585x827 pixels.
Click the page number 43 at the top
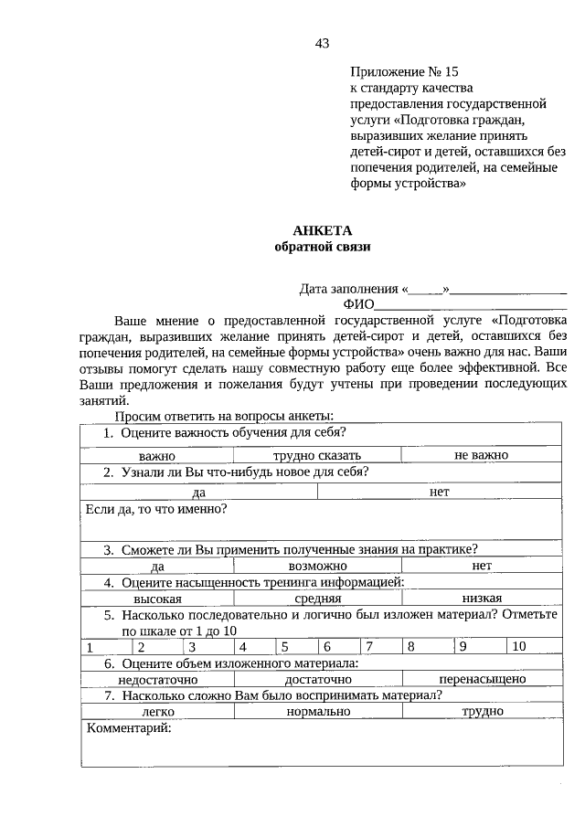coord(321,43)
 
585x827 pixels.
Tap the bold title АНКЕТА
coord(322,230)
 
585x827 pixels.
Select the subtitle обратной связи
coord(322,247)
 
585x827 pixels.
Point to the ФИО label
coord(358,304)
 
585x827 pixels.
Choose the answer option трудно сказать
coord(317,455)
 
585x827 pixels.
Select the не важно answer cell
coord(481,455)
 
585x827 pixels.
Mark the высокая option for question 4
coord(157,599)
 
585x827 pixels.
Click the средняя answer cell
coord(317,599)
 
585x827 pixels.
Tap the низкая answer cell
coord(481,599)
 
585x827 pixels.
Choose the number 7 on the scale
coord(369,647)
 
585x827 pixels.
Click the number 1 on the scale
coord(90,647)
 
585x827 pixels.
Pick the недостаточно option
coord(157,679)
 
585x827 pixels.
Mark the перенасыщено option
coord(481,679)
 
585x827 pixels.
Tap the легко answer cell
coord(157,711)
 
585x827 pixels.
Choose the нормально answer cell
coord(317,711)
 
